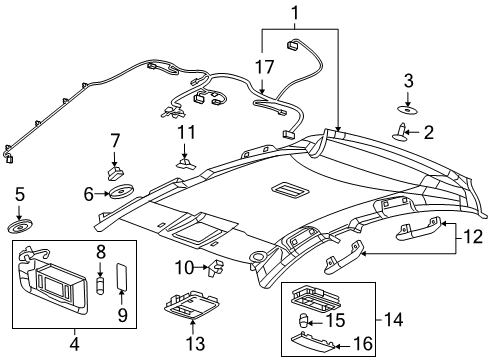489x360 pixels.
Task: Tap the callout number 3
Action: point(407,80)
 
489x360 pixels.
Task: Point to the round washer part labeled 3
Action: point(406,108)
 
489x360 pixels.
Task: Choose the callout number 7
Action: point(116,140)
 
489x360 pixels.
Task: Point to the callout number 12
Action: point(470,236)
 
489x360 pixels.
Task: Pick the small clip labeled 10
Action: point(216,267)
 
